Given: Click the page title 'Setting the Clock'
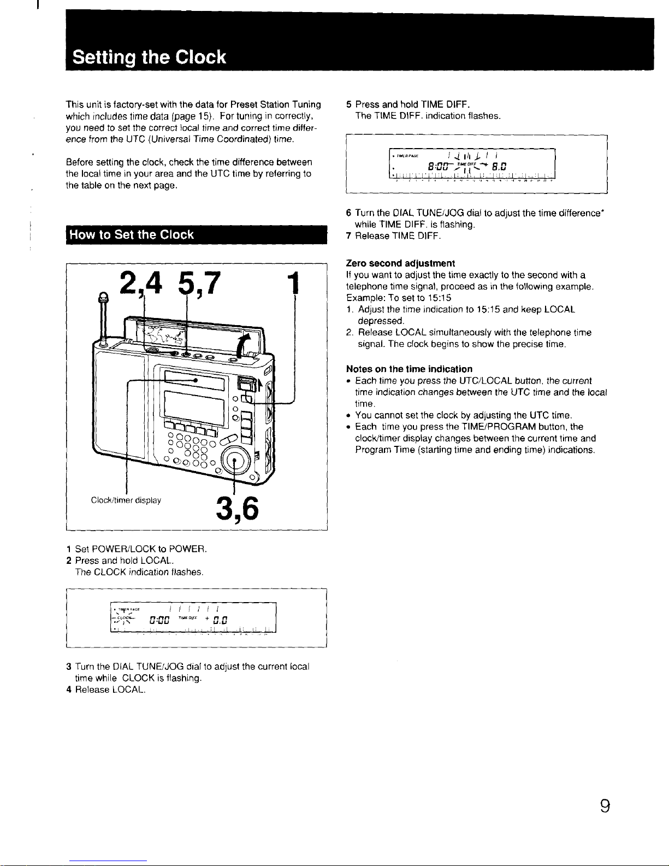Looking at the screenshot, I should (x=149, y=57).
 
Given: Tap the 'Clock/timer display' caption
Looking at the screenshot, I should (x=126, y=500).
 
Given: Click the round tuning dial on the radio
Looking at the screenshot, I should (x=234, y=461).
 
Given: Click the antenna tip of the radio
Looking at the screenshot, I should (x=102, y=297).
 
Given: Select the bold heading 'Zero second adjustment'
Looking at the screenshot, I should (x=400, y=263).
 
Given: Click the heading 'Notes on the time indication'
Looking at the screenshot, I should (x=409, y=369).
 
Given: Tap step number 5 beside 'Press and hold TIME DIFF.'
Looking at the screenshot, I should (x=349, y=104).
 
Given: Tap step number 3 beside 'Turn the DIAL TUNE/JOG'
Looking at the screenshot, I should (x=69, y=667).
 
